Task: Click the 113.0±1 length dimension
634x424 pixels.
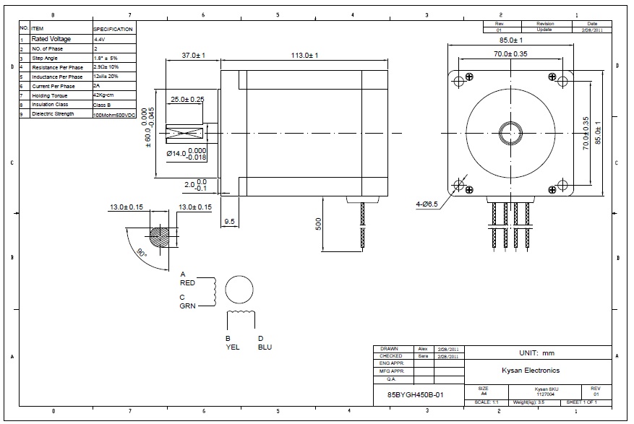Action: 304,55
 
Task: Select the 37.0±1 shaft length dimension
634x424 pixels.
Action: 194,55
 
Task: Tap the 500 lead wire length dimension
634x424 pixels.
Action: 319,225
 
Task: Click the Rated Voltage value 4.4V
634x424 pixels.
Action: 100,39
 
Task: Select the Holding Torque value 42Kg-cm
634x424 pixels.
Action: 104,95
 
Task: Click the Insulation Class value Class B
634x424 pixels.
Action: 103,105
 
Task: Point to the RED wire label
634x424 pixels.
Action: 187,283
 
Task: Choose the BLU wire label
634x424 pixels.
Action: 265,347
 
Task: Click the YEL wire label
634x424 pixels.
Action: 232,347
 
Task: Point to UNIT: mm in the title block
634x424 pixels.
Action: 536,353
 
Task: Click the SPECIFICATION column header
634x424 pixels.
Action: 113,29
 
